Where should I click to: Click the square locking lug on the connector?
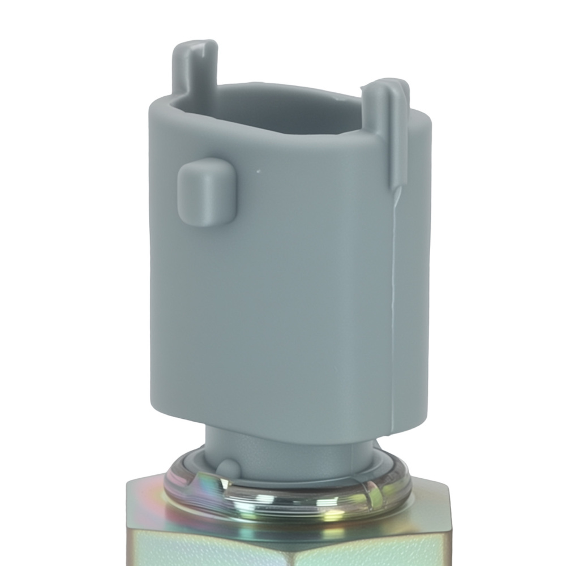pyautogui.click(x=205, y=192)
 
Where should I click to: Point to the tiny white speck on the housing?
pyautogui.click(x=258, y=169)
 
